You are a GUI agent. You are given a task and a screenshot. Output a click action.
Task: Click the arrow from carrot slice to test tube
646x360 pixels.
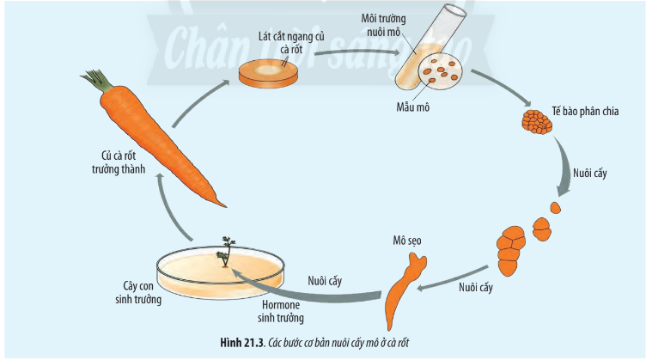352,53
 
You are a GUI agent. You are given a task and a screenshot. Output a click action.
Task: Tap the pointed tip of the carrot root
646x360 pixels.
225,205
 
